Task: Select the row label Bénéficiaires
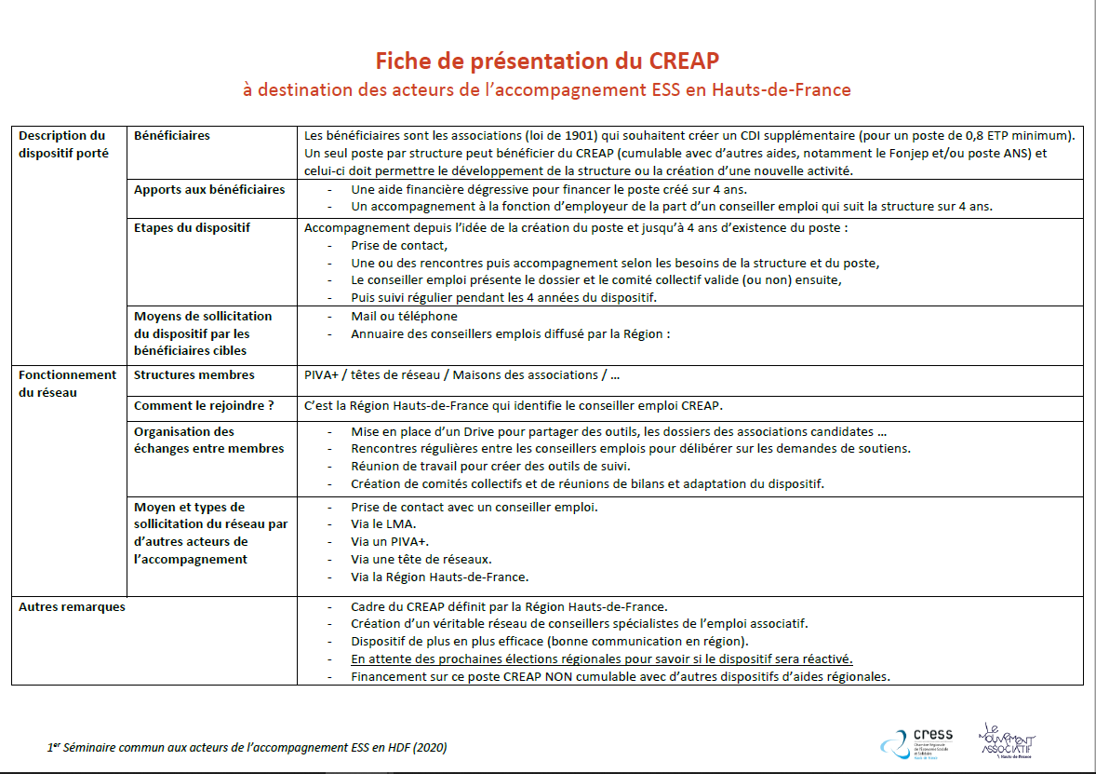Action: [172, 136]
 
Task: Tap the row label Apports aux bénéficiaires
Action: [209, 189]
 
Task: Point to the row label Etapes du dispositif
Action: [192, 227]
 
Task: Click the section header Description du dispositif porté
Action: [63, 144]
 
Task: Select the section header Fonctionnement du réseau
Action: [67, 384]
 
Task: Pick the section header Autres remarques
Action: [72, 607]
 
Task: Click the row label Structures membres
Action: [194, 375]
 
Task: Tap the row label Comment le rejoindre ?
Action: [204, 406]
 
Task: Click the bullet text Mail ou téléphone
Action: [404, 317]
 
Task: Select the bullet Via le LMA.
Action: [384, 524]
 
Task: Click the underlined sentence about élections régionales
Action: [601, 659]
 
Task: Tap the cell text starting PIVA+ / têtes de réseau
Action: [461, 375]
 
